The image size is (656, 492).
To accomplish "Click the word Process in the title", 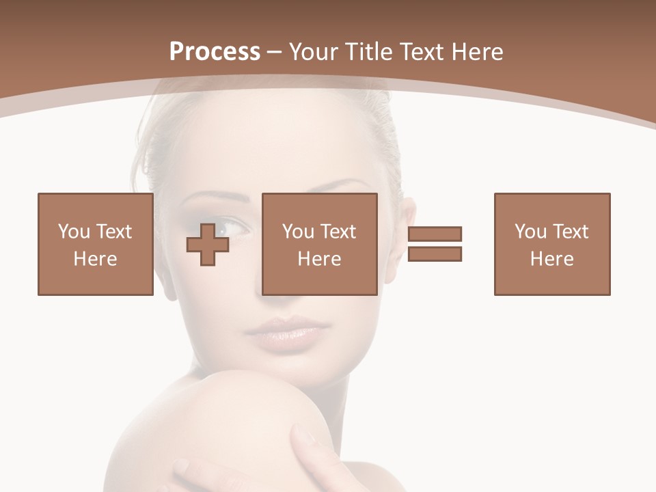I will pos(215,52).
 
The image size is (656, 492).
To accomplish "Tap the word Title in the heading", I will pos(369,52).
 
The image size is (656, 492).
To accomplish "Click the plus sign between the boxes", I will pos(208,245).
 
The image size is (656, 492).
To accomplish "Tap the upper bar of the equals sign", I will pos(435,234).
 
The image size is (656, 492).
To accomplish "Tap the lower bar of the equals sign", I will pos(435,254).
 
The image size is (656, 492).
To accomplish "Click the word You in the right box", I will pos(530,232).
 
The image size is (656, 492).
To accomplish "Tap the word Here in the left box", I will pos(95,259).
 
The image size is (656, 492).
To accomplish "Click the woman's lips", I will pos(282,332).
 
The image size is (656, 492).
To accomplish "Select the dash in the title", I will pos(275,52).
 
